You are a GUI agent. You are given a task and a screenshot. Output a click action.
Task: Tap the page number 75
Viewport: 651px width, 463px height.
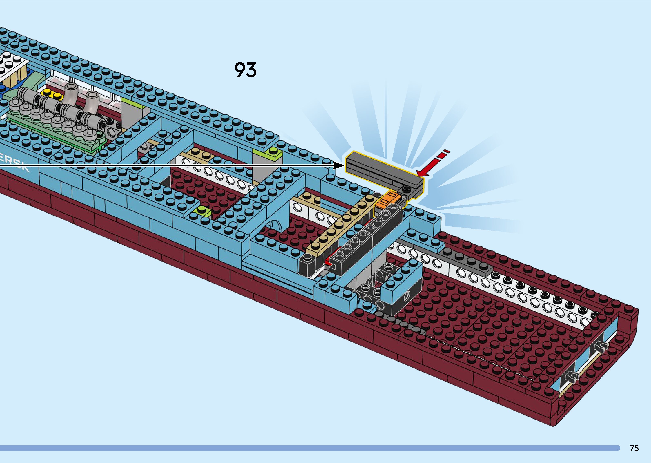[634, 448]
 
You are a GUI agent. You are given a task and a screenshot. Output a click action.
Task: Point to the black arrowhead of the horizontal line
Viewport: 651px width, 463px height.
[339, 165]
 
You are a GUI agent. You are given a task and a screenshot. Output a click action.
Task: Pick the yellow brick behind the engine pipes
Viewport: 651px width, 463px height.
[51, 94]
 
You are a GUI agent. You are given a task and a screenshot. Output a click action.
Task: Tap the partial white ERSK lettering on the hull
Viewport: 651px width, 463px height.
[14, 163]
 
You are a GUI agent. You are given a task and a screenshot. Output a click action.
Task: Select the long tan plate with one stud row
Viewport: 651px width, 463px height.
[339, 225]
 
